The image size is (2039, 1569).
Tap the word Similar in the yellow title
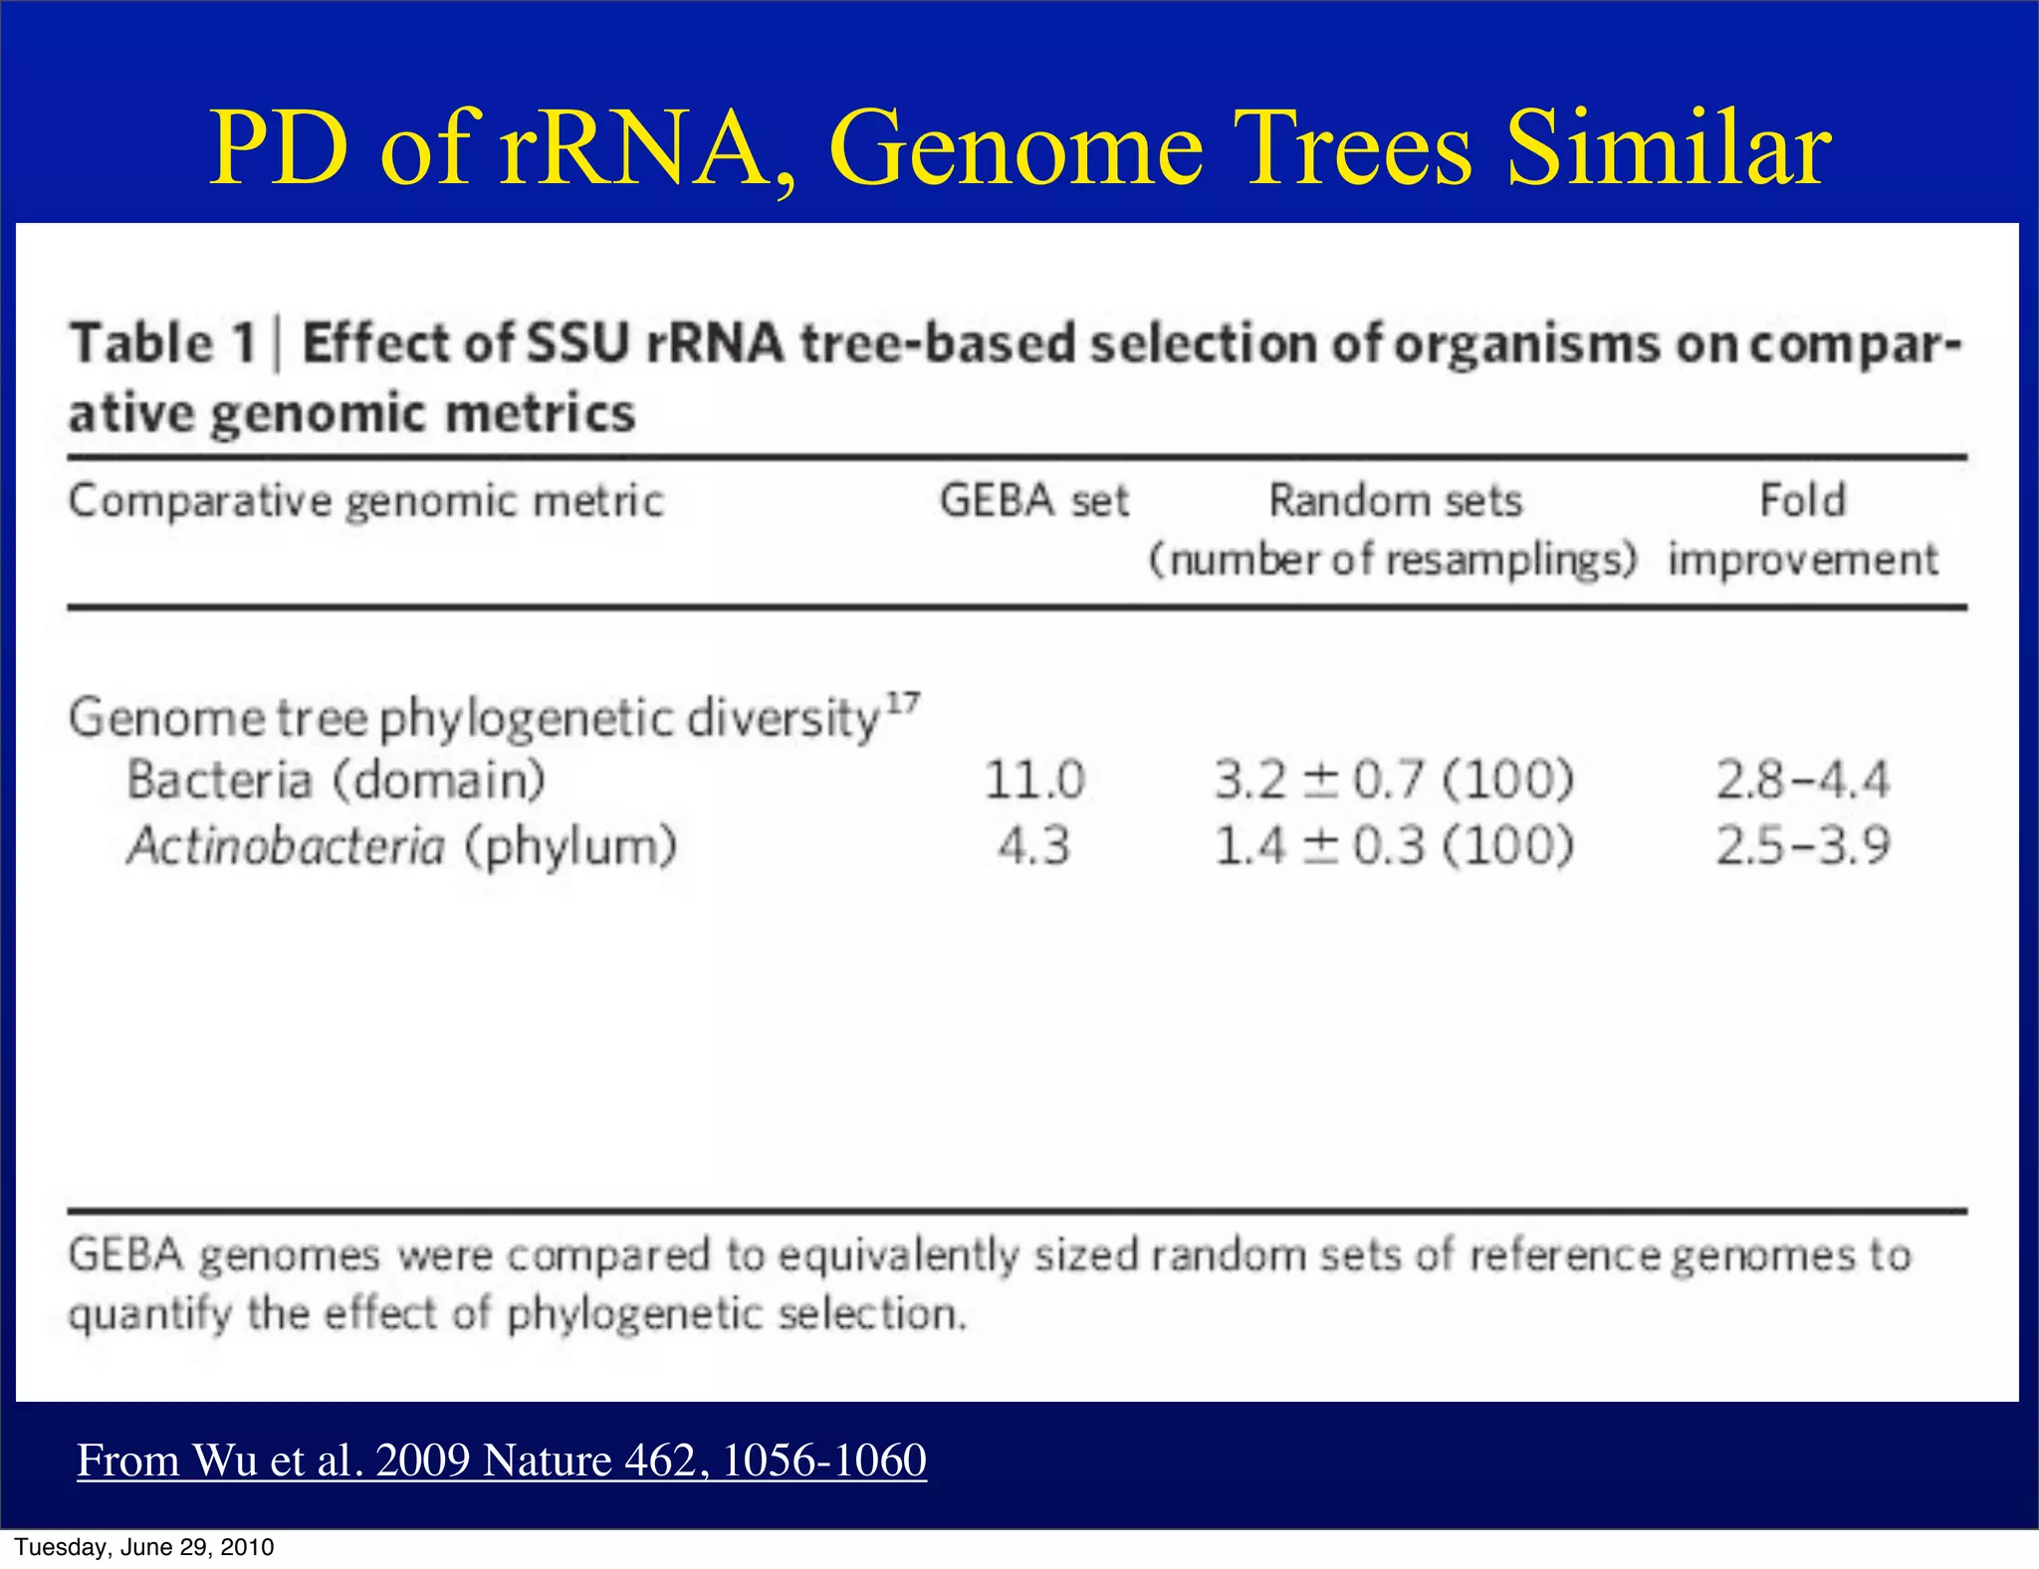1668,149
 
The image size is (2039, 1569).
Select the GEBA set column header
1034,501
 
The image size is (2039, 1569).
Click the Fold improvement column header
1803,528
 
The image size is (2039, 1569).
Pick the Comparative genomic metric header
365,501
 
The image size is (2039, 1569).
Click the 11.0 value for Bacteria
1034,780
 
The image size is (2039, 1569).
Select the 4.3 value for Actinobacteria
1034,846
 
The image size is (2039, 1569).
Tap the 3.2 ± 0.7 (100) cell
1394,780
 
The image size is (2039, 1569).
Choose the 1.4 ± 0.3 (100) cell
1394,846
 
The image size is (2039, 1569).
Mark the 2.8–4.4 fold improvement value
1802,780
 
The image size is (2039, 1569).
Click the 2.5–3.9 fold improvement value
1802,846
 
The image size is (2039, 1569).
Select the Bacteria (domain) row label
337,780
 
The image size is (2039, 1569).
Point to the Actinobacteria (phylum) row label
401,846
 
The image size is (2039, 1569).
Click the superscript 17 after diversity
903,704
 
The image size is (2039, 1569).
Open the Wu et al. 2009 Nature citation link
502,1460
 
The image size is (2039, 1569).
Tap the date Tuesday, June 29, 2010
144,1547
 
